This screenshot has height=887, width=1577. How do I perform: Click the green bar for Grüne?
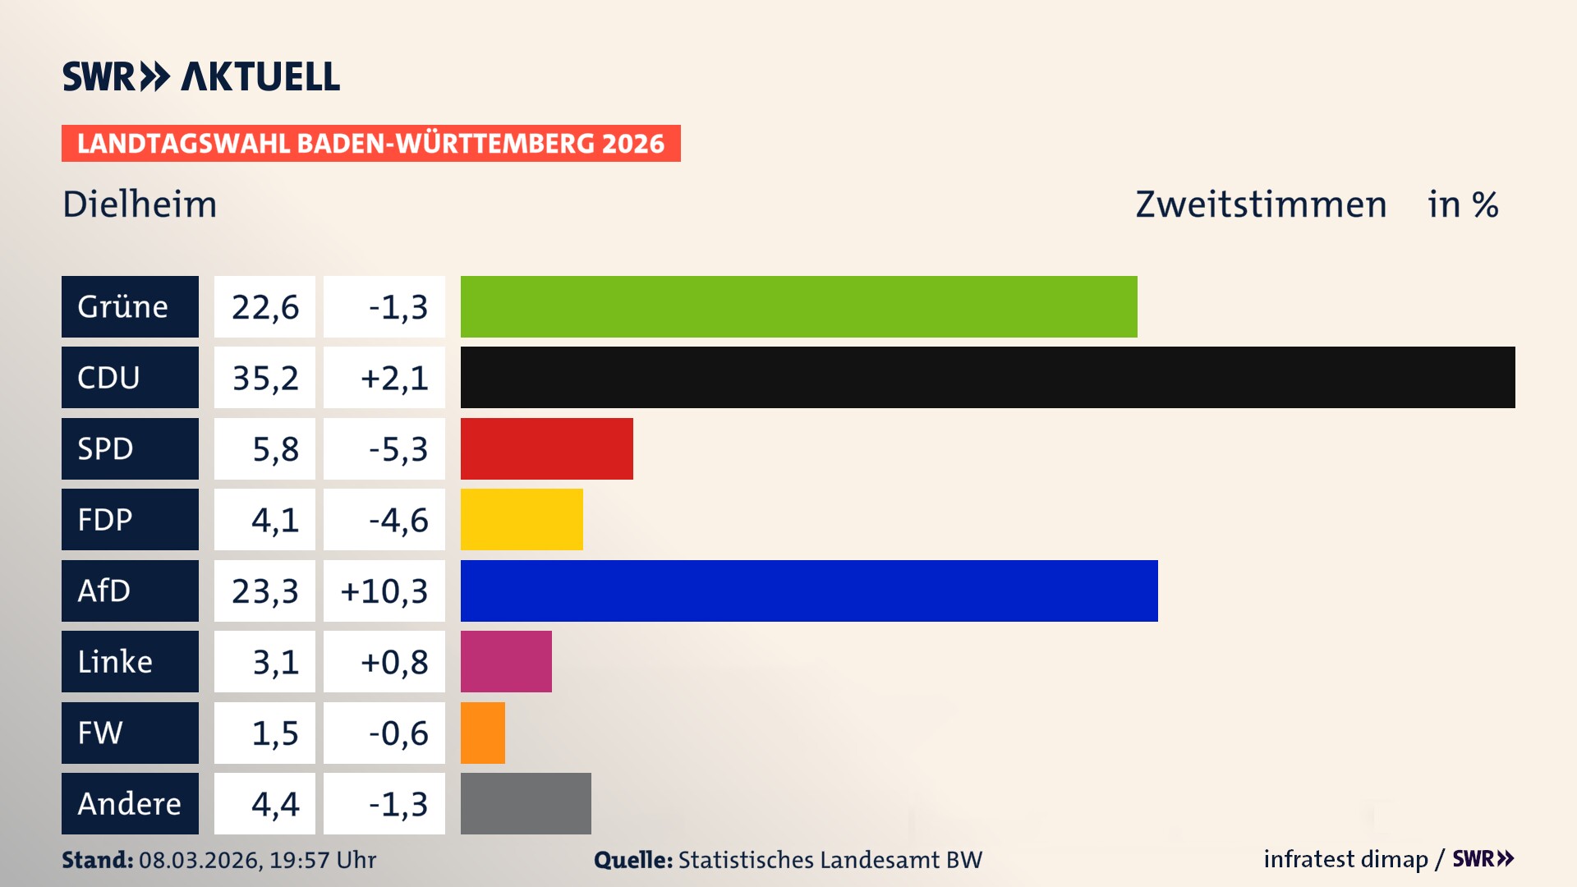[798, 306]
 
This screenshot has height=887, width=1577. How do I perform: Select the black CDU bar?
[987, 377]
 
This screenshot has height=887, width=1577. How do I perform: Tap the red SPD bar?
[546, 448]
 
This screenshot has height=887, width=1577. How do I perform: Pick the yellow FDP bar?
[522, 519]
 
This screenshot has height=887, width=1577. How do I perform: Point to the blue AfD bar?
[809, 591]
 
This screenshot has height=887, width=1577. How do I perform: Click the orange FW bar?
[483, 733]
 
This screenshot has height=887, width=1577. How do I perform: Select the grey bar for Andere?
[526, 803]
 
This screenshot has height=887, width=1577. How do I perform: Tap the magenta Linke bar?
[506, 661]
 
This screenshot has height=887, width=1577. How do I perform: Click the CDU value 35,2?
[264, 378]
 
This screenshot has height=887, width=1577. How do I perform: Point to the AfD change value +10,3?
[384, 591]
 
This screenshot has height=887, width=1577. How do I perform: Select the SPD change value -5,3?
[398, 449]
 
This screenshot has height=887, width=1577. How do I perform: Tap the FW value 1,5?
[274, 733]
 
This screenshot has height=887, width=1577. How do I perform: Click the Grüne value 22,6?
[264, 307]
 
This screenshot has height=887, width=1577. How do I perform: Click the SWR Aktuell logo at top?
[201, 76]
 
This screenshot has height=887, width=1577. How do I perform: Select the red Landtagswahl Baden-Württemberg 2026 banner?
[370, 144]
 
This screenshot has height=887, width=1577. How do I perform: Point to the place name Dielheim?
[140, 205]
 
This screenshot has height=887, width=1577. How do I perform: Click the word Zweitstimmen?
[1261, 205]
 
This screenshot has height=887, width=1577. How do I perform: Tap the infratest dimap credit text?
[1345, 859]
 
